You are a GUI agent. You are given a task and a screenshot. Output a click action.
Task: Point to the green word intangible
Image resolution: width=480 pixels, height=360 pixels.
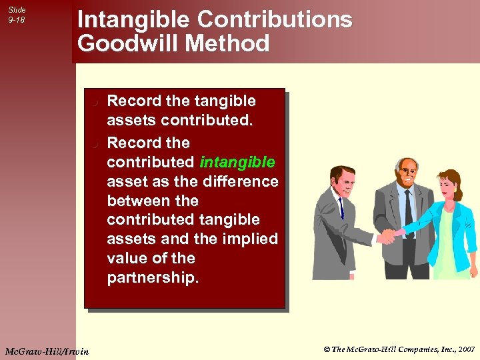[x=237, y=162]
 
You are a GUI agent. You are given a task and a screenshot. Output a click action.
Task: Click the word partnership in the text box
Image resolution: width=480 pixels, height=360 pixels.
[x=153, y=278]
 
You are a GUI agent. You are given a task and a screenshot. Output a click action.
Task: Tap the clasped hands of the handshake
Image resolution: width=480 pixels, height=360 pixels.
[x=387, y=235]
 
